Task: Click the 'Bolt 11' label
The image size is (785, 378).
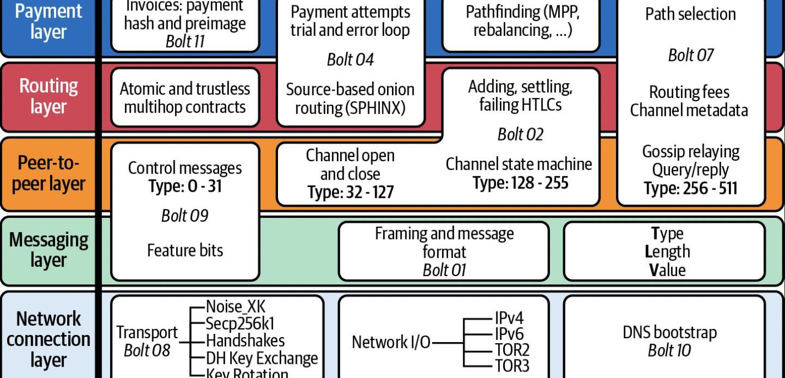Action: click(x=185, y=42)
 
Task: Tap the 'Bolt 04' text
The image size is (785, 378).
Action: click(x=350, y=59)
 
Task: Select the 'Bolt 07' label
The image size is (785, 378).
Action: click(x=691, y=55)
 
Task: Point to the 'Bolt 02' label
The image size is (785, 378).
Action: click(x=520, y=134)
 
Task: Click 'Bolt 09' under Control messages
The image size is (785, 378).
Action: click(x=185, y=216)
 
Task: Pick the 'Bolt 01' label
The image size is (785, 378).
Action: click(x=444, y=270)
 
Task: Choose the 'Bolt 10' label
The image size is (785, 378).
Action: click(x=669, y=350)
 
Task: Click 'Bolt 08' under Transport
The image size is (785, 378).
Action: click(x=147, y=350)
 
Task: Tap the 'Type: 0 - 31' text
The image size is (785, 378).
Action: click(x=185, y=186)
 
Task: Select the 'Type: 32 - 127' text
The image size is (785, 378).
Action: click(x=350, y=192)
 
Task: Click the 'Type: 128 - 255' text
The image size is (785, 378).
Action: click(x=520, y=183)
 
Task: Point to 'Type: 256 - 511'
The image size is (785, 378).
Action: click(x=690, y=188)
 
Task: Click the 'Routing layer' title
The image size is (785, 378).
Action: click(x=49, y=96)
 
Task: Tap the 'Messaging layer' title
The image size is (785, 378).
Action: click(x=49, y=250)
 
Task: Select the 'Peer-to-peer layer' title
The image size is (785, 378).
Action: click(x=49, y=173)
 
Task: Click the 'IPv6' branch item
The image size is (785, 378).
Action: click(x=509, y=333)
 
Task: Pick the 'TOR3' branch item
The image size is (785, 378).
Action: click(x=512, y=365)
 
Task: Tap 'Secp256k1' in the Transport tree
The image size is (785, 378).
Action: click(x=240, y=324)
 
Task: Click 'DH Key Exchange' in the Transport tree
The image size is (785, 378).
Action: click(x=262, y=358)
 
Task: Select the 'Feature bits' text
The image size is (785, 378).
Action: click(x=185, y=250)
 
